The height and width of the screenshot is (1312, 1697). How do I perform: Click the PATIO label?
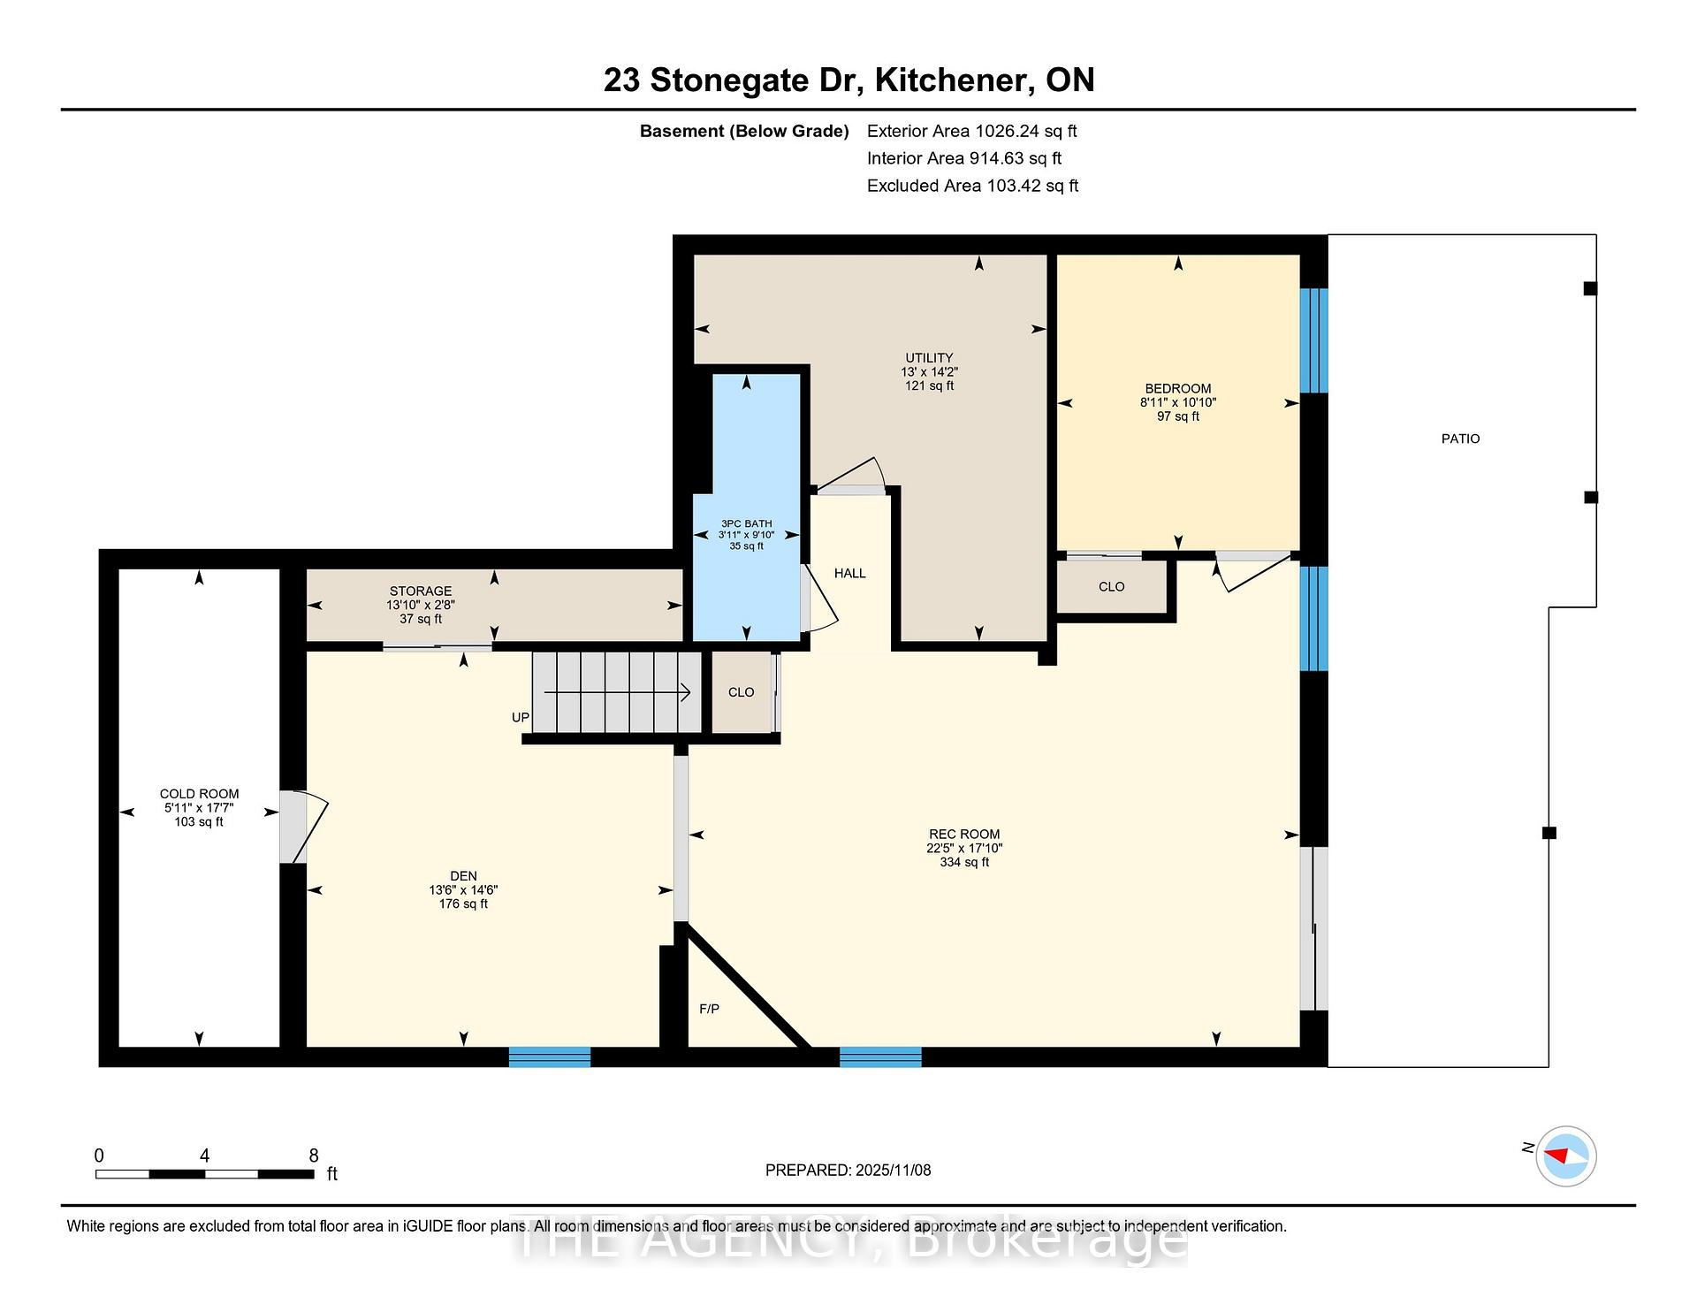coord(1460,439)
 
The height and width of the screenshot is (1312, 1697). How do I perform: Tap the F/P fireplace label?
coord(709,1009)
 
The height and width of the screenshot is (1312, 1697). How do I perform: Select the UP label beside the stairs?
coord(521,717)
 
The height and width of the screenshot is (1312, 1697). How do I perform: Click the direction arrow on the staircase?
coord(617,692)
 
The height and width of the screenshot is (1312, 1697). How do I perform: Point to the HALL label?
coord(850,573)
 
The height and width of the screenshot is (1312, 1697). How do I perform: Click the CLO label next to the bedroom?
coord(1112,587)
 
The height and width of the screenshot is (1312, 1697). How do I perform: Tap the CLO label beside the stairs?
coord(742,692)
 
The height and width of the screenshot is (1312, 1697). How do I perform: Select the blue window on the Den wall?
coord(550,1056)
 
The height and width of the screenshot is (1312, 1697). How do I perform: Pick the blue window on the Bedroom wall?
coord(1314,340)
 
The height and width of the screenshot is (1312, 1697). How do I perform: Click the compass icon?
coord(1566,1156)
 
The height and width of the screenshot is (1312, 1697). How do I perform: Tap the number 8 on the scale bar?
coord(314,1156)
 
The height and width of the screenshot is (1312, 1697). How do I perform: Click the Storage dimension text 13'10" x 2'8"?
coord(421,605)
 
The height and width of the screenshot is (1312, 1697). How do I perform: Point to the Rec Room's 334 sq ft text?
coord(964,862)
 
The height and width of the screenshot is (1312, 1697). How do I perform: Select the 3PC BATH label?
coord(747,523)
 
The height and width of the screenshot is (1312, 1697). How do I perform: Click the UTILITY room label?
coord(929,358)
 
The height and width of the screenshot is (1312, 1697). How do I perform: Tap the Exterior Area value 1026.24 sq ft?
coord(1026,131)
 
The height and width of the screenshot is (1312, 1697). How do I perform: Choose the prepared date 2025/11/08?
coord(894,1171)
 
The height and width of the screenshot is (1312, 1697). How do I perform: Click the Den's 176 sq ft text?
coord(464,904)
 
